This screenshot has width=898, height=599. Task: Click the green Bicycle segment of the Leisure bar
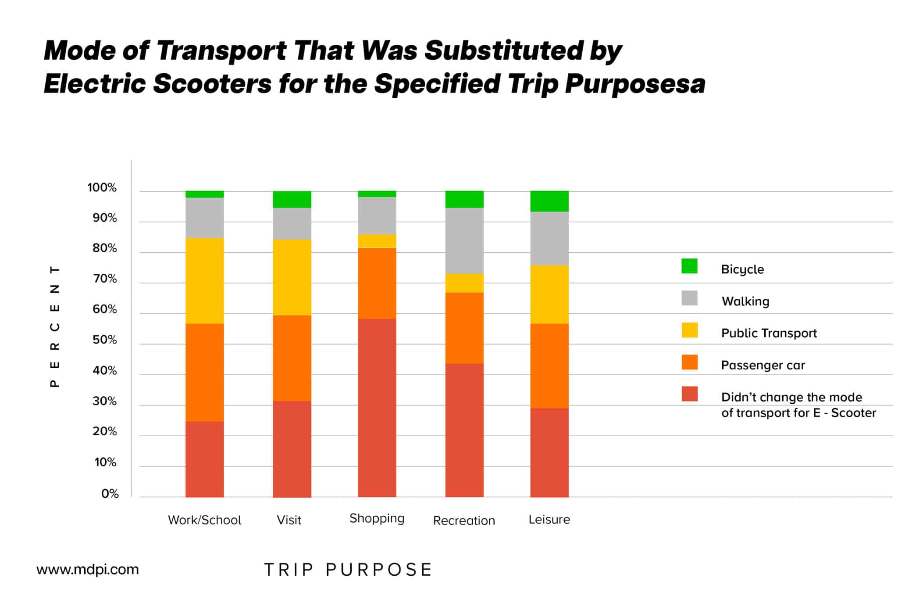pyautogui.click(x=549, y=201)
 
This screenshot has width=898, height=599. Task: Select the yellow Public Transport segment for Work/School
pyautogui.click(x=204, y=281)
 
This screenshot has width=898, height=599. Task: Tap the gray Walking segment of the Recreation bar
pyautogui.click(x=464, y=240)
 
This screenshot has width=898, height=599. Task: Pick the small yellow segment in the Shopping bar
pyautogui.click(x=377, y=241)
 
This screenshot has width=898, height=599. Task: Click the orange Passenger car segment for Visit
pyautogui.click(x=292, y=358)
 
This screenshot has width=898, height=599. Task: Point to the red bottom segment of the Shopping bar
pyautogui.click(x=377, y=408)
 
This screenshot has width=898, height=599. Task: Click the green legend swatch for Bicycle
pyautogui.click(x=689, y=266)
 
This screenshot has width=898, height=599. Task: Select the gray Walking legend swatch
pyautogui.click(x=689, y=298)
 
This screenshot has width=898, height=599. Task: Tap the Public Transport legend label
pyautogui.click(x=769, y=333)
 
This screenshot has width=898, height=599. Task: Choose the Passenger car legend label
pyautogui.click(x=763, y=365)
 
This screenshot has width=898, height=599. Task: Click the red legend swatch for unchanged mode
pyautogui.click(x=689, y=394)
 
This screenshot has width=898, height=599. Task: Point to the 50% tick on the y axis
pyautogui.click(x=105, y=340)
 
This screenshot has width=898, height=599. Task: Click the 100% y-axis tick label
pyautogui.click(x=102, y=188)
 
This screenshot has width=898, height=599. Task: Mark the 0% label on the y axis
pyautogui.click(x=110, y=494)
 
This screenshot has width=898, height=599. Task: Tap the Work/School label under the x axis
pyautogui.click(x=204, y=520)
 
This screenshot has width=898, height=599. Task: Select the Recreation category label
pyautogui.click(x=464, y=520)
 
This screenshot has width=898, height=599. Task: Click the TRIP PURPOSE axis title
pyautogui.click(x=348, y=570)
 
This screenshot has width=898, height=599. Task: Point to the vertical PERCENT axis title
pyautogui.click(x=55, y=326)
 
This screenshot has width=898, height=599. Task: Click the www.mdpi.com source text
pyautogui.click(x=87, y=570)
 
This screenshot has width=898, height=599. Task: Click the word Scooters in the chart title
pyautogui.click(x=212, y=83)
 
